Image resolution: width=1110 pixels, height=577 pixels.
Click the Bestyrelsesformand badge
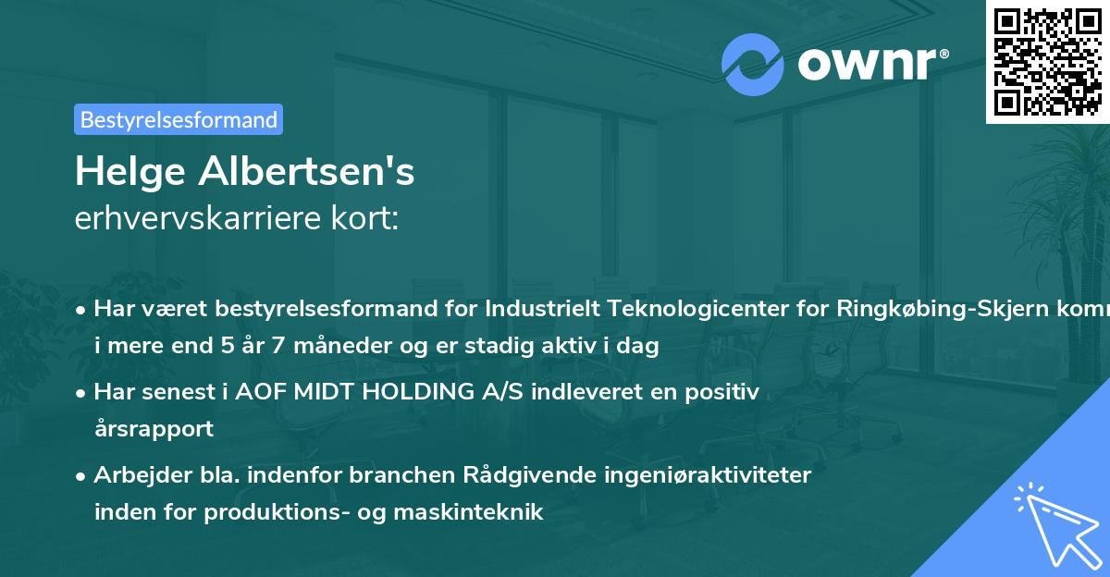click(179, 119)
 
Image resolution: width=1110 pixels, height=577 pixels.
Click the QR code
click(1046, 61)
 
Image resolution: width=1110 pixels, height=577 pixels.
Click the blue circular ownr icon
click(753, 64)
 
